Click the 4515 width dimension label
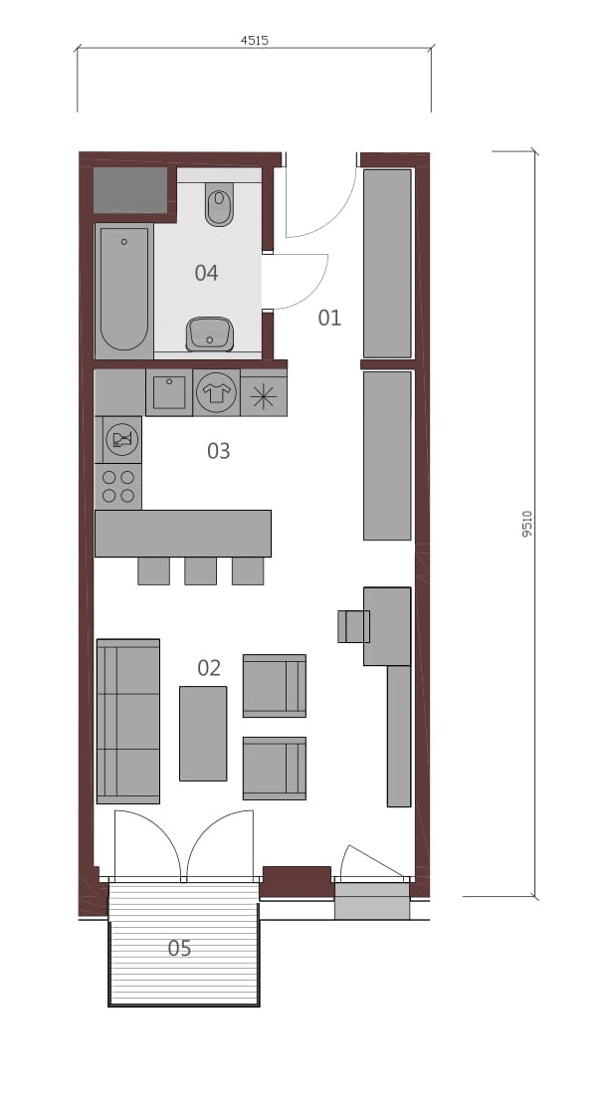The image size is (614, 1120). click(254, 41)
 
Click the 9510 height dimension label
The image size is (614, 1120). click(526, 524)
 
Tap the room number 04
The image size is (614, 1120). click(206, 272)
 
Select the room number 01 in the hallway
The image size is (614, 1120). click(329, 318)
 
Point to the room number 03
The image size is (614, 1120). click(219, 451)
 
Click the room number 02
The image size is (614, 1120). click(209, 668)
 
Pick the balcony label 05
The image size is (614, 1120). click(179, 948)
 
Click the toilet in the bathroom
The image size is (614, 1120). click(219, 203)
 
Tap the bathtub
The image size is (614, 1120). click(124, 292)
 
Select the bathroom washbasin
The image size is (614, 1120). click(210, 335)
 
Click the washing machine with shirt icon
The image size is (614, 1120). click(216, 392)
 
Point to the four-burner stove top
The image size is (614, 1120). click(118, 486)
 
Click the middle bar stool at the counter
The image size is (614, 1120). click(201, 570)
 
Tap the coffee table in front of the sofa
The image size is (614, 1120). click(203, 734)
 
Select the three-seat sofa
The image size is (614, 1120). click(128, 722)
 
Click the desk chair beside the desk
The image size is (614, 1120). click(353, 626)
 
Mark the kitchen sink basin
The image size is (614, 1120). click(169, 392)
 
